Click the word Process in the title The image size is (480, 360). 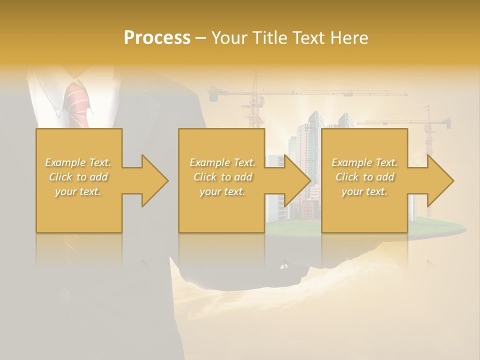tap(157, 37)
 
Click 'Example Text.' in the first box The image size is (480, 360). tap(78, 162)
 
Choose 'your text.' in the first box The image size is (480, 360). tap(78, 191)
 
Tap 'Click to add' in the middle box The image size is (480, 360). tap(222, 177)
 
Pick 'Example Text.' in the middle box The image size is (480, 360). tap(222, 162)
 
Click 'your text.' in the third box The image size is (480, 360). tap(364, 191)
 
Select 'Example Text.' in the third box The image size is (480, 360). tap(364, 162)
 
